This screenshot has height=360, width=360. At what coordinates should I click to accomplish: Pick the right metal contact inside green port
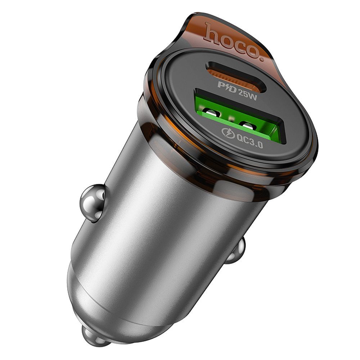tap(247, 126)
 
